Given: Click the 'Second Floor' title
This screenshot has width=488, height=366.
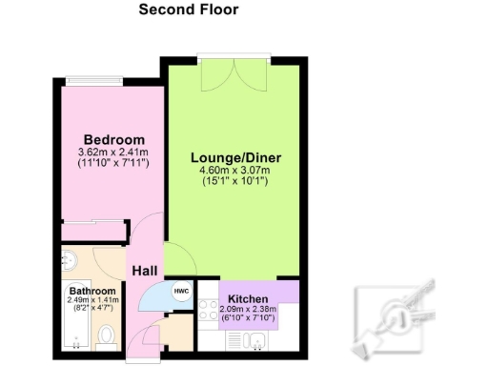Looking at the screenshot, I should [x=188, y=10].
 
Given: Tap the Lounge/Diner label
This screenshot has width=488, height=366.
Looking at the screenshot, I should [x=236, y=158].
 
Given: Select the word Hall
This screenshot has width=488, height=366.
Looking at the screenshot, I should [x=144, y=271].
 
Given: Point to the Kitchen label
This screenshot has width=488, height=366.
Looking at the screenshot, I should [x=248, y=297].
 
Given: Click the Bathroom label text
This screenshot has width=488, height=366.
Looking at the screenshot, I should [x=92, y=291].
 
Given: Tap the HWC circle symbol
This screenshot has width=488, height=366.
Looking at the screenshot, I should [x=180, y=292].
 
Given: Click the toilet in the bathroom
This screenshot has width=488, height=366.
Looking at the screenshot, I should [x=107, y=335].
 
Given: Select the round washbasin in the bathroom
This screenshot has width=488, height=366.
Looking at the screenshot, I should [x=69, y=260].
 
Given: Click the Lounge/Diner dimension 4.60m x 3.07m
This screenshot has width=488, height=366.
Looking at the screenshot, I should [x=236, y=172].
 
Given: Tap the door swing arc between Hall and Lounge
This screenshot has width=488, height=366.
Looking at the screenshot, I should [x=174, y=255].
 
